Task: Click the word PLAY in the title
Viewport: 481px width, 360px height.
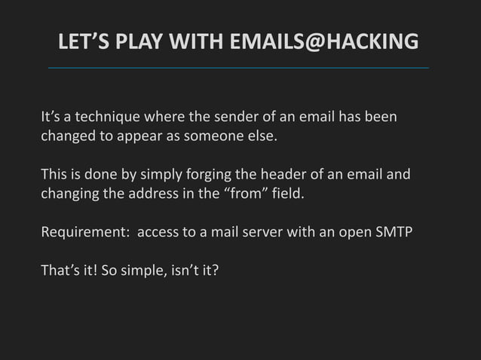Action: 129,42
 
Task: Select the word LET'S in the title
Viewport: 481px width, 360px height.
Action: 79,42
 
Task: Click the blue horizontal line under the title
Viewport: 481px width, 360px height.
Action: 238,68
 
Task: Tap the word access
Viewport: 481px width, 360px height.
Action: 158,231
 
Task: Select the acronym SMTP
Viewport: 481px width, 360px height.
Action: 394,231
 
